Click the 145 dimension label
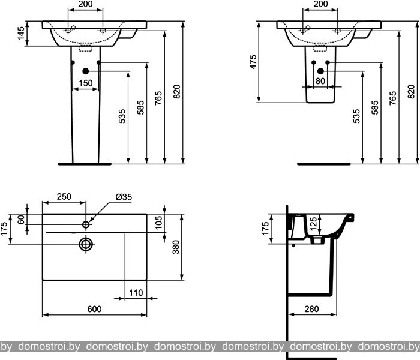coord(21,34)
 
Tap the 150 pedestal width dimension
coord(86,83)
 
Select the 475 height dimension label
coord(253,62)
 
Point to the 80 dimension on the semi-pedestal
coord(320,80)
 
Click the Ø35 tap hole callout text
coord(124,197)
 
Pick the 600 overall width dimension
coord(94,309)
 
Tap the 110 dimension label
coord(136,293)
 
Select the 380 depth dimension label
coord(176,247)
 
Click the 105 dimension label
coord(159,223)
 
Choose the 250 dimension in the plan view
coord(64,196)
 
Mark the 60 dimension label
coord(21,220)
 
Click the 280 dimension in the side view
coord(311,309)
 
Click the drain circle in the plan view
coord(86,244)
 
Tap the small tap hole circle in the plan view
coord(86,224)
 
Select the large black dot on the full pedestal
coord(85,71)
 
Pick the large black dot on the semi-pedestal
coord(320,71)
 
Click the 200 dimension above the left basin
coord(85,4)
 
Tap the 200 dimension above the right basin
coord(320,4)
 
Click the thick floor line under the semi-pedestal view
coord(324,164)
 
